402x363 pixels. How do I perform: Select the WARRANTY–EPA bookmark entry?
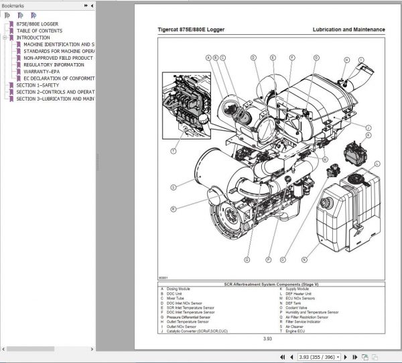[48, 71]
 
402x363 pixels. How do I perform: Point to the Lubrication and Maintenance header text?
[348, 30]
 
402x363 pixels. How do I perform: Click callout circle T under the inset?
[174, 152]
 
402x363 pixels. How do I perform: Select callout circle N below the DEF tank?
[304, 259]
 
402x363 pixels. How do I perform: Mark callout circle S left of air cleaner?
[173, 187]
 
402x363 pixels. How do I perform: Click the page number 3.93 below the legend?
[268, 339]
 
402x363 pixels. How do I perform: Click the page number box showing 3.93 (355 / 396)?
[320, 356]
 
